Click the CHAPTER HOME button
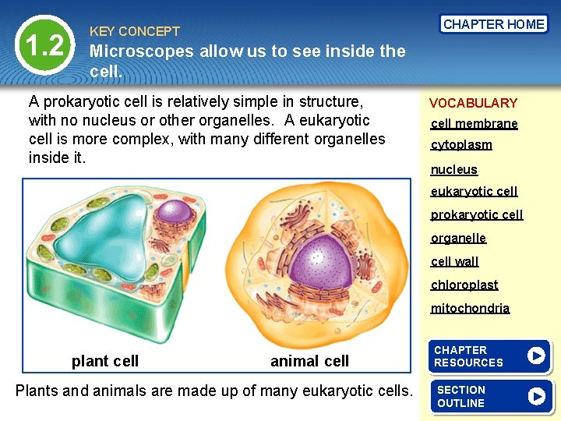pyautogui.click(x=493, y=24)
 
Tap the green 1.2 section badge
pyautogui.click(x=44, y=46)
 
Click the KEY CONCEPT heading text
pyautogui.click(x=135, y=31)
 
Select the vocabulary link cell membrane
pyautogui.click(x=474, y=124)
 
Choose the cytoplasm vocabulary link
pyautogui.click(x=461, y=145)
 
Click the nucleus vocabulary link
pyautogui.click(x=454, y=169)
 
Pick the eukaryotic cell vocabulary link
pyautogui.click(x=474, y=191)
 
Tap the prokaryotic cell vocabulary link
pyautogui.click(x=477, y=214)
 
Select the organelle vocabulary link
pyautogui.click(x=458, y=238)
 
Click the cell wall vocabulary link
pyautogui.click(x=454, y=261)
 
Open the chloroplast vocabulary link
pyautogui.click(x=464, y=285)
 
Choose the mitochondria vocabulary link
pyautogui.click(x=470, y=308)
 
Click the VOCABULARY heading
pyautogui.click(x=473, y=103)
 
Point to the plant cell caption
pyautogui.click(x=105, y=361)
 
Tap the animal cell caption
pyautogui.click(x=309, y=361)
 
